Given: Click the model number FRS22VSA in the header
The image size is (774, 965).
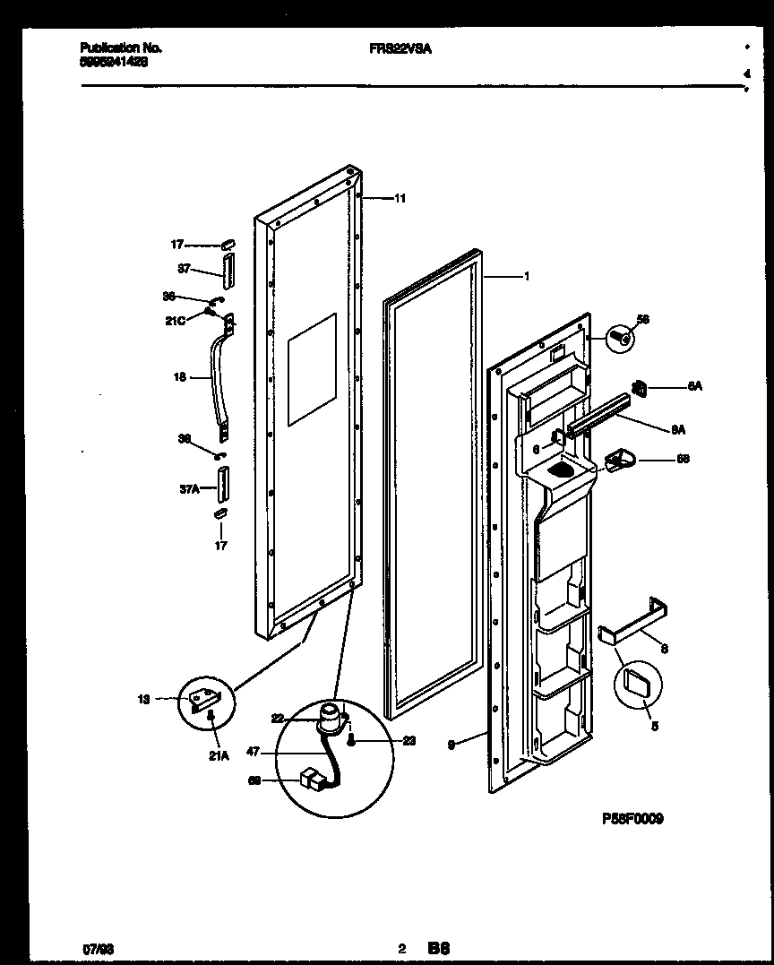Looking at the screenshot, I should [400, 49].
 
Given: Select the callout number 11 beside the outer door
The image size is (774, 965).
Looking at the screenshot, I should [400, 198].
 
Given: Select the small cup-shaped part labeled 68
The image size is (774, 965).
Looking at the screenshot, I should [619, 461].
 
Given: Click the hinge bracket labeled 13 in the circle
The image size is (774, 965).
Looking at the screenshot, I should [205, 696].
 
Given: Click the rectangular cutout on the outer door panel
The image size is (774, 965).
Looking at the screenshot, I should [312, 368].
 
